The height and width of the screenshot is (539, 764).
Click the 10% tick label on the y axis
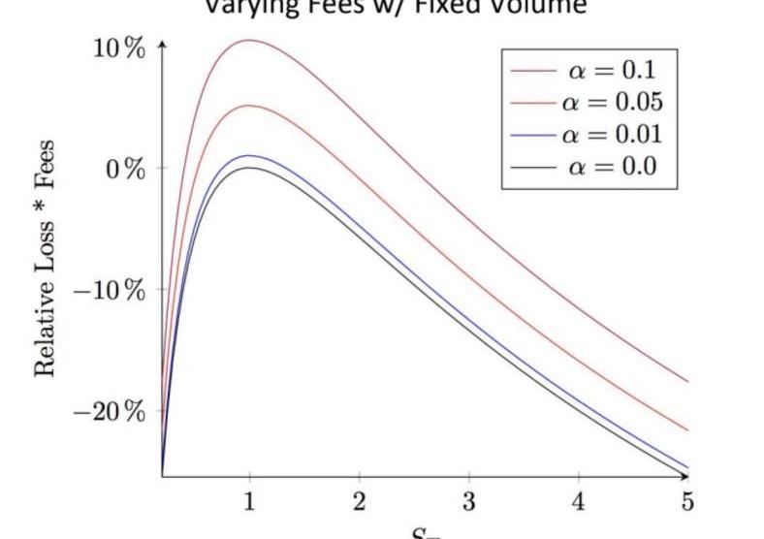(119, 48)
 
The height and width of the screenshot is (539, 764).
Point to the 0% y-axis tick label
(126, 169)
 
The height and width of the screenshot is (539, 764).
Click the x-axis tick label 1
(249, 502)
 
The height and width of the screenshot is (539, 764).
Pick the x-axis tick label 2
(360, 502)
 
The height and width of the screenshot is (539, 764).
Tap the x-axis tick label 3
(469, 502)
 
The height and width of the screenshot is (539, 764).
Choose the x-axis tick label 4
(579, 502)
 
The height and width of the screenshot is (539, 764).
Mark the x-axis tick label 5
(687, 502)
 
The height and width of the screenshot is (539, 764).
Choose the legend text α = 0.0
(612, 166)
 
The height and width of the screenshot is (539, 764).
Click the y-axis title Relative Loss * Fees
(45, 259)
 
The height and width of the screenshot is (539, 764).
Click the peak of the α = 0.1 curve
(249, 41)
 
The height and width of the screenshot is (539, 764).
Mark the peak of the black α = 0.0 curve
(249, 168)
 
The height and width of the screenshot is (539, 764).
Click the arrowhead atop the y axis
(162, 45)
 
